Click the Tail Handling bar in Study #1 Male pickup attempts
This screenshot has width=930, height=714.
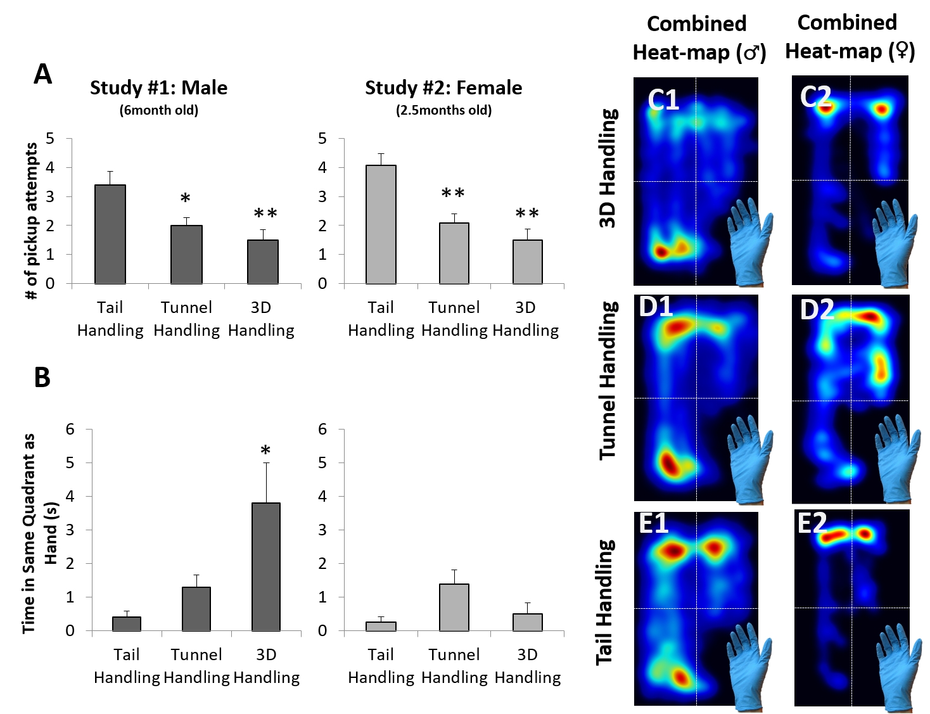coord(110,234)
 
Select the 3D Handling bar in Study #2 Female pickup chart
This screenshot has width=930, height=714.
coord(527,262)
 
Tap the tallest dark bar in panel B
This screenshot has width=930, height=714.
coord(266,566)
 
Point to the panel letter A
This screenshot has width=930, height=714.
coord(42,75)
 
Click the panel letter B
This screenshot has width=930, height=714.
coord(42,378)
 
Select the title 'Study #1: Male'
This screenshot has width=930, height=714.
coord(158,87)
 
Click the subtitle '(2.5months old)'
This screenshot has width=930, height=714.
coord(443,110)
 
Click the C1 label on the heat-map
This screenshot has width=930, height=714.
coord(663,100)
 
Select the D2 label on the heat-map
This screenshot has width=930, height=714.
coord(817,310)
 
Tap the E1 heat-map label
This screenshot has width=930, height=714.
coord(654,524)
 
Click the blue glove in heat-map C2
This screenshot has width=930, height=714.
coord(893,241)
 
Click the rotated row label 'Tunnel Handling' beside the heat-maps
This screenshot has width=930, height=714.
coord(608,380)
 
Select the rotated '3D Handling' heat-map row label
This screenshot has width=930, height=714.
coord(608,168)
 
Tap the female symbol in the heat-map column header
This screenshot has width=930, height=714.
coord(901,51)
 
